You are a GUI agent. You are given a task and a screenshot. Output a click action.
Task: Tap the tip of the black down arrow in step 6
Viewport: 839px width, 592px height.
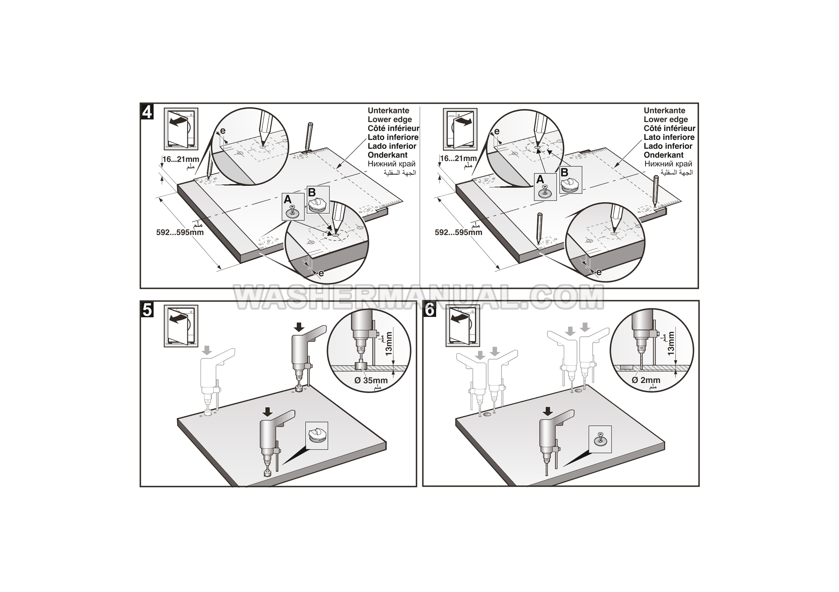(548, 416)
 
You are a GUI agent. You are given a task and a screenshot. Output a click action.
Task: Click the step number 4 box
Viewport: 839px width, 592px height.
(147, 111)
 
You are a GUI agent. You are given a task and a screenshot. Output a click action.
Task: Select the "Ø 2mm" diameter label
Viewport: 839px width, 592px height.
(646, 380)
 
